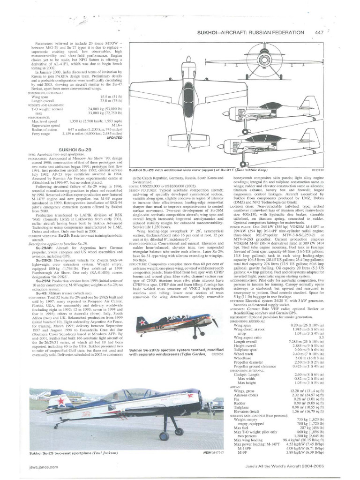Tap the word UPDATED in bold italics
(x=115, y=138)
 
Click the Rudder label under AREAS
(x=239, y=403)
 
